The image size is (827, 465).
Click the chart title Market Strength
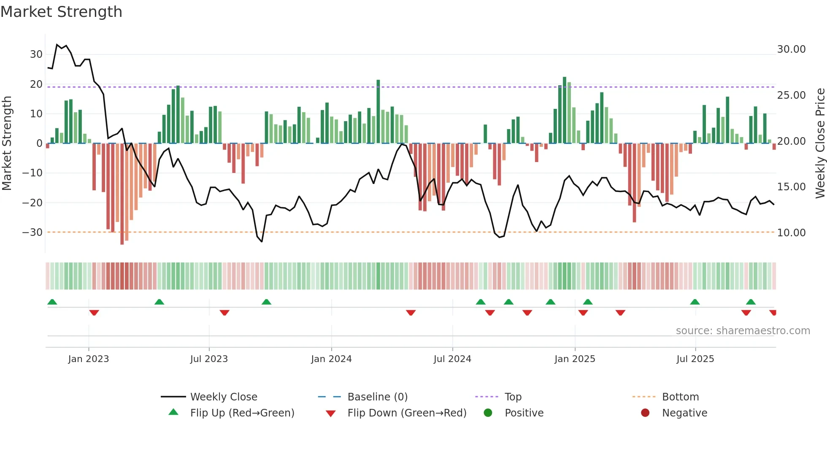click(x=61, y=12)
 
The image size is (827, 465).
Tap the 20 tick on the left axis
click(x=36, y=84)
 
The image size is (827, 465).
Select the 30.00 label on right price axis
click(x=791, y=49)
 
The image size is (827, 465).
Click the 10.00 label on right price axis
click(x=791, y=233)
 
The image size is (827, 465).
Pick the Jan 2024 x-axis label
click(x=331, y=359)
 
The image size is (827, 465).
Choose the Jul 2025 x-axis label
click(x=695, y=359)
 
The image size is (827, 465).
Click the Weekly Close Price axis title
click(x=820, y=143)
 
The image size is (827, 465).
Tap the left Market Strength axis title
click(x=7, y=143)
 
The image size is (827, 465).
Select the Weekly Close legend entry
click(x=223, y=397)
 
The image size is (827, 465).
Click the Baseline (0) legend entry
click(x=377, y=397)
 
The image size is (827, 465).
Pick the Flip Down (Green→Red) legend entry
click(x=407, y=413)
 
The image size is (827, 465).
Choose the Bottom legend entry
click(x=680, y=397)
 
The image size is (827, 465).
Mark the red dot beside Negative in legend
click(x=645, y=413)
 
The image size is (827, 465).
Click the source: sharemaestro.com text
click(x=743, y=331)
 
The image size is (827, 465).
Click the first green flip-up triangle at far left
click(x=52, y=302)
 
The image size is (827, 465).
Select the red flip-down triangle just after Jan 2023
click(x=94, y=313)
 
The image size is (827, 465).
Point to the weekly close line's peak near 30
click(x=57, y=45)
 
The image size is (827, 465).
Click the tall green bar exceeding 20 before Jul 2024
click(x=378, y=111)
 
